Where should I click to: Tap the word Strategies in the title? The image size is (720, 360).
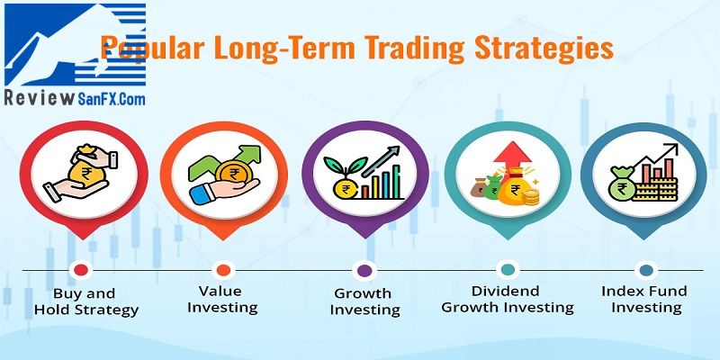[544, 49]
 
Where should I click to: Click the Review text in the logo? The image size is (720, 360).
[39, 97]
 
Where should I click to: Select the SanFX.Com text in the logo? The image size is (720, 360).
[111, 98]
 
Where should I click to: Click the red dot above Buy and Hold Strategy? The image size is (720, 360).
[81, 270]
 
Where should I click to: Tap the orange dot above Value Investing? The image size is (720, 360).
[223, 270]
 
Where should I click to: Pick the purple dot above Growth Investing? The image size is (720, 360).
[364, 270]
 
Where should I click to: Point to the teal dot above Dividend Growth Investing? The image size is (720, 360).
[508, 270]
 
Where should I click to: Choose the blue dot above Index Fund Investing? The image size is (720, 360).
[646, 270]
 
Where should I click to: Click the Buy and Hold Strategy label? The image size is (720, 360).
[85, 301]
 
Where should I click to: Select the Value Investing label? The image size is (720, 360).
[221, 300]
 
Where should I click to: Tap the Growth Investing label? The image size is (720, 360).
[364, 301]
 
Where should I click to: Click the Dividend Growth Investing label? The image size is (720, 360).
[508, 300]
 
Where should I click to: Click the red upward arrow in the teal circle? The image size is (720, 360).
[512, 156]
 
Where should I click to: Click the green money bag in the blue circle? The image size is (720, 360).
[622, 184]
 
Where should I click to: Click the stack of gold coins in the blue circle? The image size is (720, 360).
[655, 189]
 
